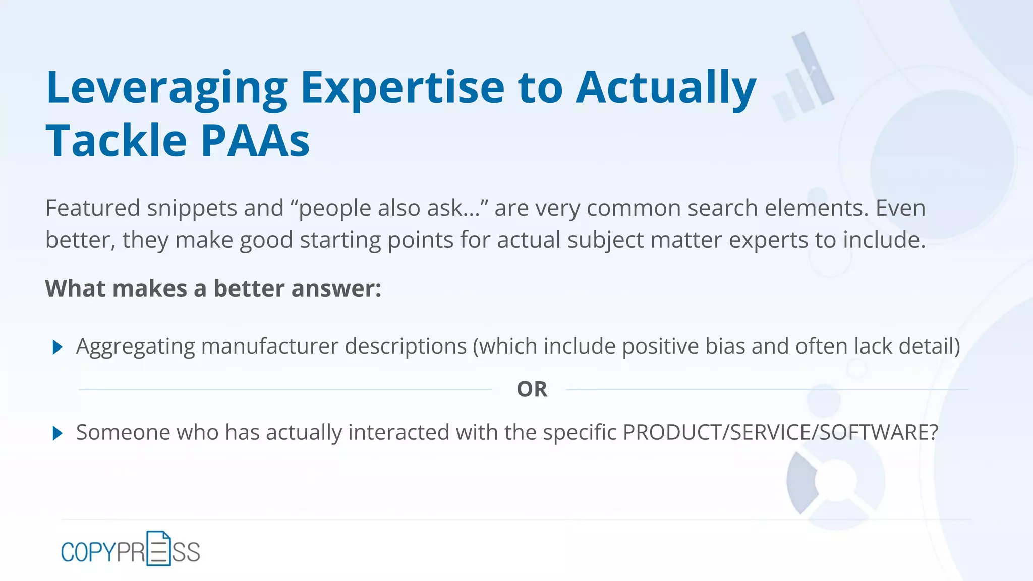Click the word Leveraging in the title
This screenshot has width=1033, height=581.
166,88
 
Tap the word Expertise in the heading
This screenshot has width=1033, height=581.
402,88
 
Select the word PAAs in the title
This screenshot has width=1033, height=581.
255,141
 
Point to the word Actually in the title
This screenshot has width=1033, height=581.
666,88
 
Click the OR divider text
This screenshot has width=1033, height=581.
532,389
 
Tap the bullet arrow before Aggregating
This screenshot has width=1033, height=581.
58,347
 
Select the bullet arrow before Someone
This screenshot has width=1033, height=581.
58,433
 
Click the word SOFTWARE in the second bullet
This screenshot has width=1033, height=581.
878,432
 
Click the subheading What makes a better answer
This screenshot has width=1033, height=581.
213,288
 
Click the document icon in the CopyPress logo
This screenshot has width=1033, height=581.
158,549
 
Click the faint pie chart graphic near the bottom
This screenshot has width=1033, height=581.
835,482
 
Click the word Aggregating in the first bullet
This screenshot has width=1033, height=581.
135,346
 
